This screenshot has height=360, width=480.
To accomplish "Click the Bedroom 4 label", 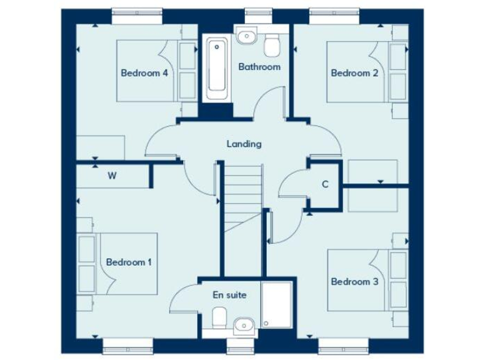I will coord(144,73).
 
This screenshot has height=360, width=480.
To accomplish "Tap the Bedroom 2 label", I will coord(354,73).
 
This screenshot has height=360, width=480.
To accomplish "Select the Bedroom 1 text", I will coord(129,262).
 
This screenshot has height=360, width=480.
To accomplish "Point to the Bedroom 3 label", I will coord(354,282).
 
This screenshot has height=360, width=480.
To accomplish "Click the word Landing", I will coord(244,144).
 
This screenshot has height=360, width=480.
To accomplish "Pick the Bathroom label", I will coord(259,67).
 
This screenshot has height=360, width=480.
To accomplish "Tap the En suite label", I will coord(229,294).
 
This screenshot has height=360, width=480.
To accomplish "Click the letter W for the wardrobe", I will coord(112,176).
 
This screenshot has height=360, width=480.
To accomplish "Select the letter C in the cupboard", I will coord(325,184).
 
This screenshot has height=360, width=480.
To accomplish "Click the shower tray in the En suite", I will coord(276,305).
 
